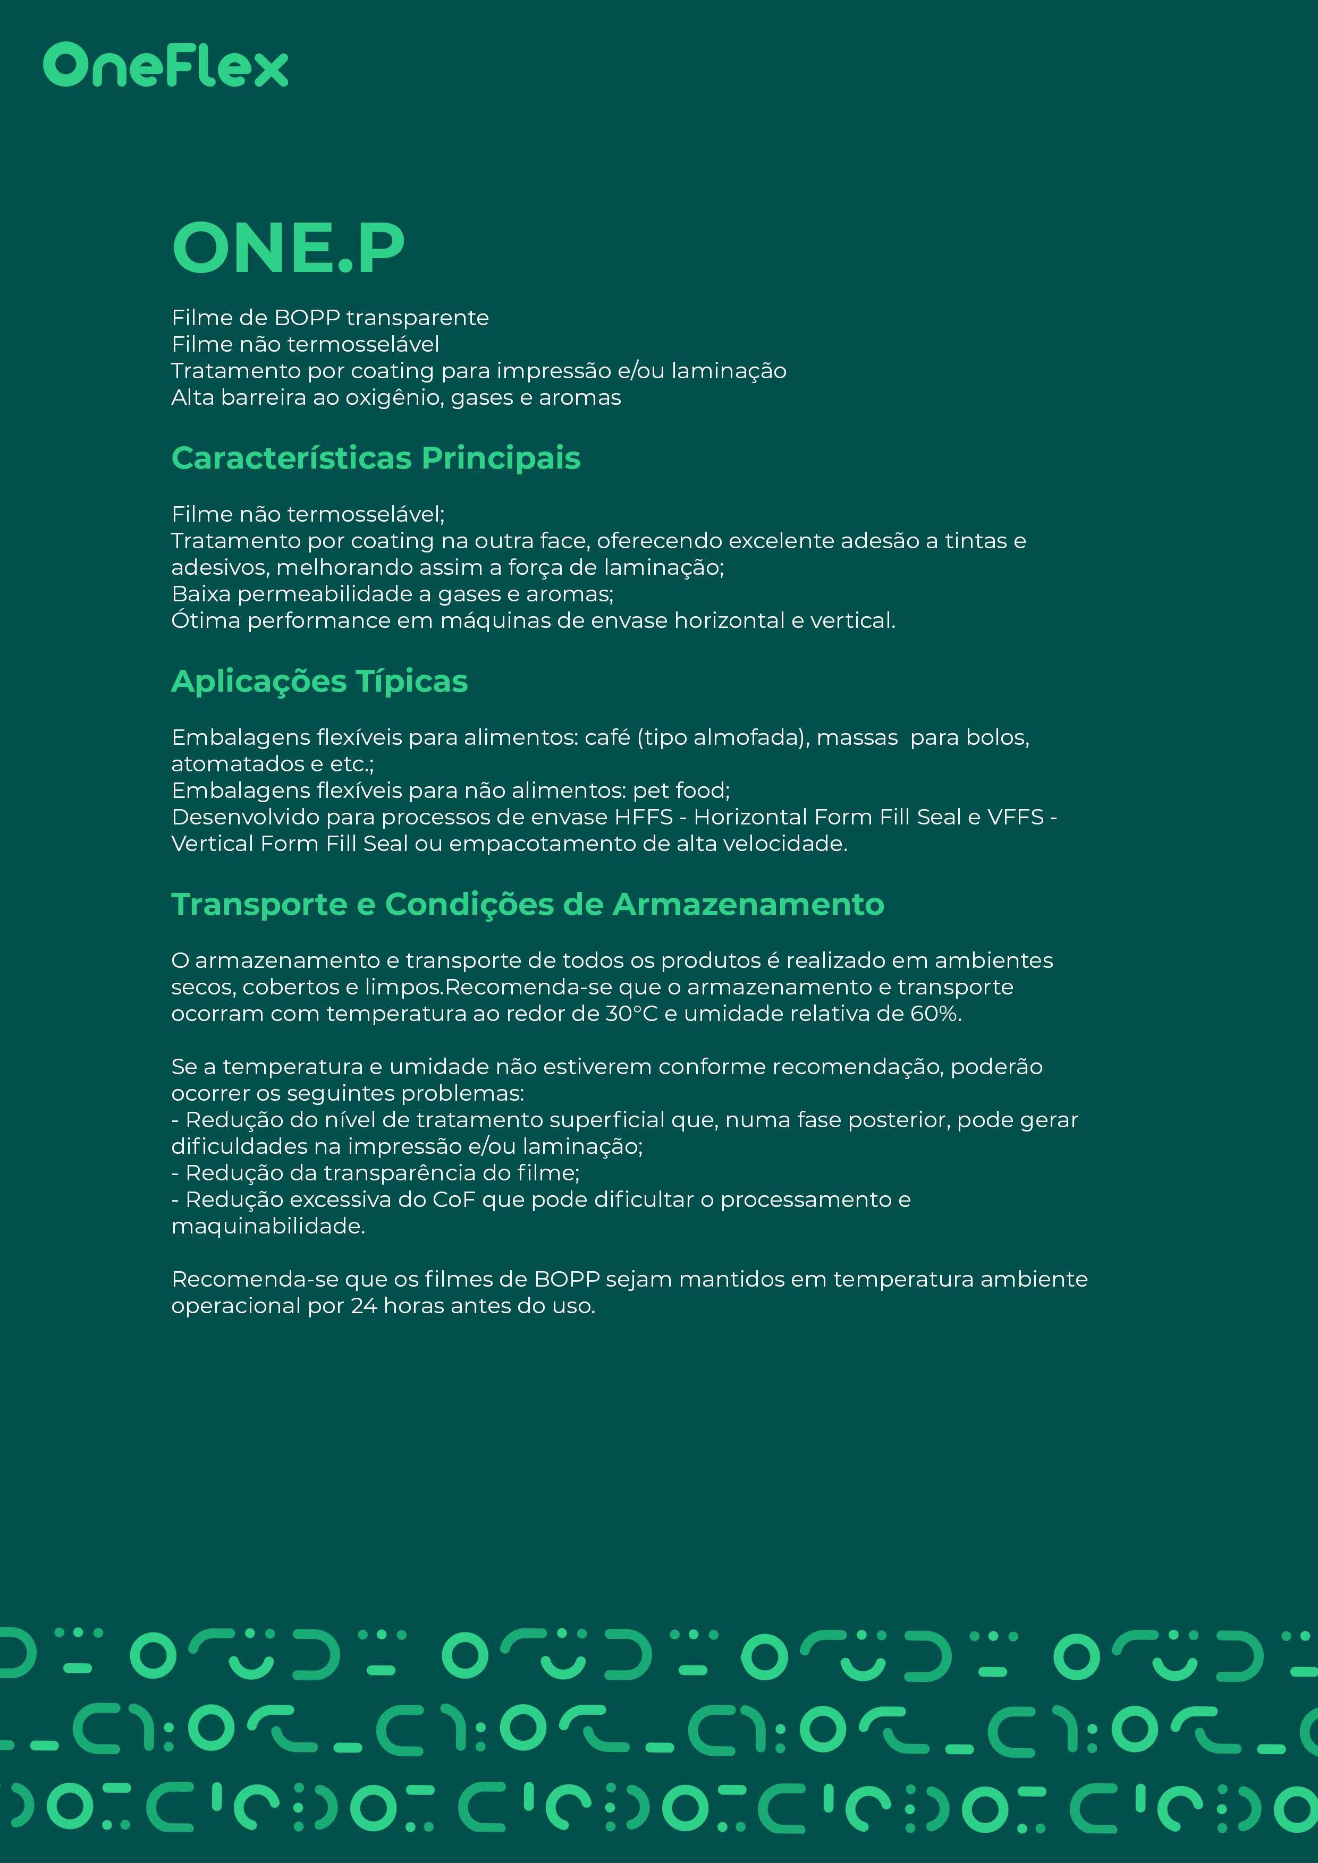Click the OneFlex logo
click(166, 66)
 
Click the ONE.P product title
click(288, 248)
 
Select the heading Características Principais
click(376, 458)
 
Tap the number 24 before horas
click(364, 1306)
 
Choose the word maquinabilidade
click(268, 1226)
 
